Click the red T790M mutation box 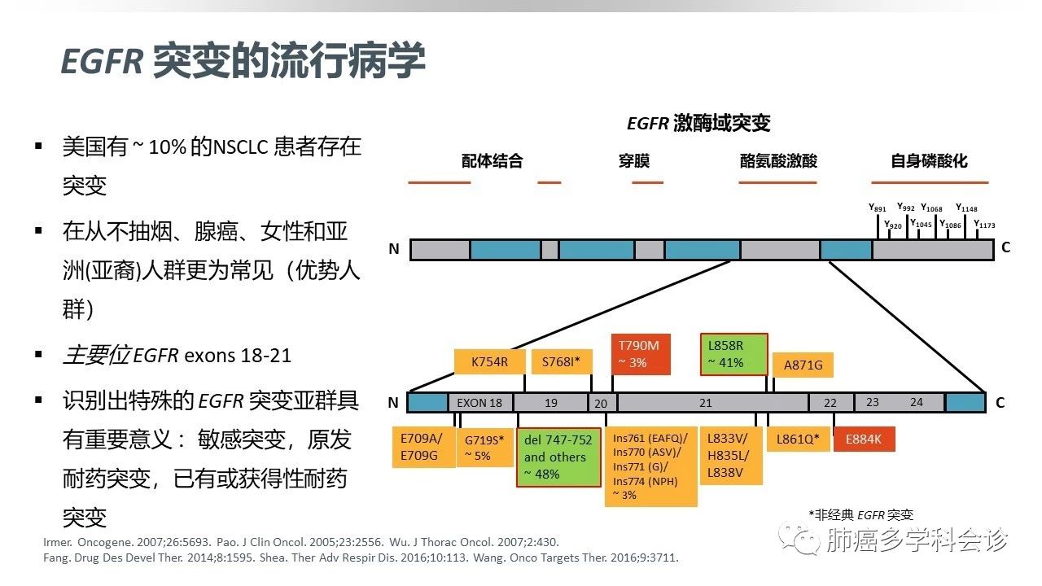640,354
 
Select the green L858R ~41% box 733,354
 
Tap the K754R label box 489,362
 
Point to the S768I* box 561,362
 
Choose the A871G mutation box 803,365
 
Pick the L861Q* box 797,439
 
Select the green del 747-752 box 558,457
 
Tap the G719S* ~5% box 484,448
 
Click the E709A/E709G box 422,447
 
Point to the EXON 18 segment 479,402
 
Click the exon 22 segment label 830,402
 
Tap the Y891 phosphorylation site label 877,208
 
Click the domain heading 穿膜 634,161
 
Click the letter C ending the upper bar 1006,247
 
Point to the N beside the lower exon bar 394,403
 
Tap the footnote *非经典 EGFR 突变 860,514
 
